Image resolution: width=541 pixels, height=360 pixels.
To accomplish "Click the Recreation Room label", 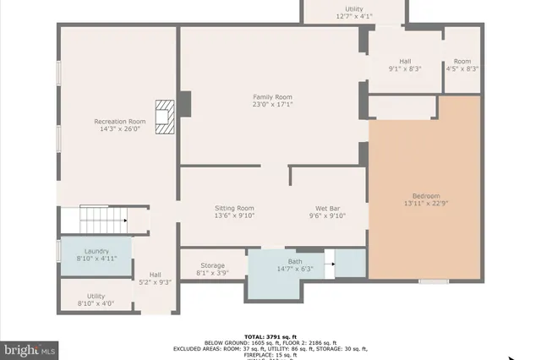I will click(x=119, y=122).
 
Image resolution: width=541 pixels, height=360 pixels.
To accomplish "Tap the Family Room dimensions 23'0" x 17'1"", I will click(x=272, y=105).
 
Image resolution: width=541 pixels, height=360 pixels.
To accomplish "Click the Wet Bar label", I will click(x=328, y=208).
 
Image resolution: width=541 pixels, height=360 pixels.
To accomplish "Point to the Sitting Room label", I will click(x=233, y=208).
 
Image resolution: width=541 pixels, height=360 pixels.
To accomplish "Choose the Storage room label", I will click(x=213, y=265).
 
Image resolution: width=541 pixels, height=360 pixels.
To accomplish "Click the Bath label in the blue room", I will click(x=294, y=262).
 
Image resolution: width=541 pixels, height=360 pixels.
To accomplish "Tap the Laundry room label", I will click(x=96, y=251).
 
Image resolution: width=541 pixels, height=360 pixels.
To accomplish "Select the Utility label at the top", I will click(x=353, y=8).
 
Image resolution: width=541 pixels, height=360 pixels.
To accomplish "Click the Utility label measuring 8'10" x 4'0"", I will click(x=96, y=297).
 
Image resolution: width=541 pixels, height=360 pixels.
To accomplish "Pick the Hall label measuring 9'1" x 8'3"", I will click(x=405, y=61).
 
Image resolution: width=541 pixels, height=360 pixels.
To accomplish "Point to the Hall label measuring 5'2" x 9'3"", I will click(x=155, y=275).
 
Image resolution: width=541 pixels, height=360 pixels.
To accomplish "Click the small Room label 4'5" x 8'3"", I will click(x=462, y=61).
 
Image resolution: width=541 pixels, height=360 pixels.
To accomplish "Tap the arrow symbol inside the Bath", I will click(x=333, y=264).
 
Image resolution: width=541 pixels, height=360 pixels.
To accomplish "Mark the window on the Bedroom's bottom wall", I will click(x=434, y=281).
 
